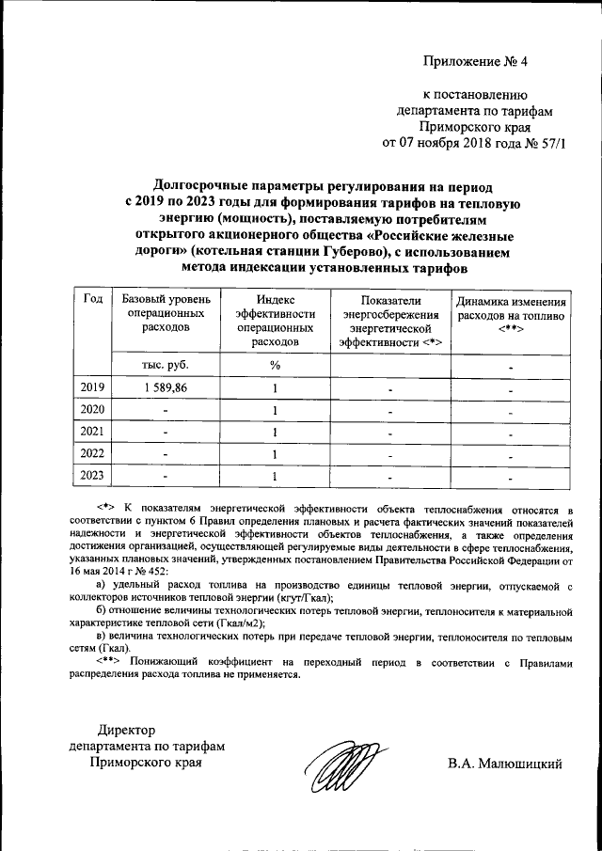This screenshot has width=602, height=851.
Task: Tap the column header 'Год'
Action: click(x=92, y=299)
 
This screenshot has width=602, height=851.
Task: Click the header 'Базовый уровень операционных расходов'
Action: click(x=165, y=313)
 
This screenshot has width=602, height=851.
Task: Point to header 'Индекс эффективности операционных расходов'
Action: click(x=274, y=321)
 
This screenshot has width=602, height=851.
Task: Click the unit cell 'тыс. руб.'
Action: click(x=165, y=366)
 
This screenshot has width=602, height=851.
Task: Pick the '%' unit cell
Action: click(x=275, y=366)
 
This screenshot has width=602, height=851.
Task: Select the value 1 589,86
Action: click(x=165, y=388)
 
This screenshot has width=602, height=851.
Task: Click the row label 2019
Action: click(x=92, y=388)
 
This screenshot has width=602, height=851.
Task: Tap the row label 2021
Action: click(x=92, y=432)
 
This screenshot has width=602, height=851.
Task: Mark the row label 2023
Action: click(x=92, y=475)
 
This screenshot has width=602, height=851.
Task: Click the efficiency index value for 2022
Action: click(x=275, y=453)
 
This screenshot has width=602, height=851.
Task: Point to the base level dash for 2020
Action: click(x=165, y=411)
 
